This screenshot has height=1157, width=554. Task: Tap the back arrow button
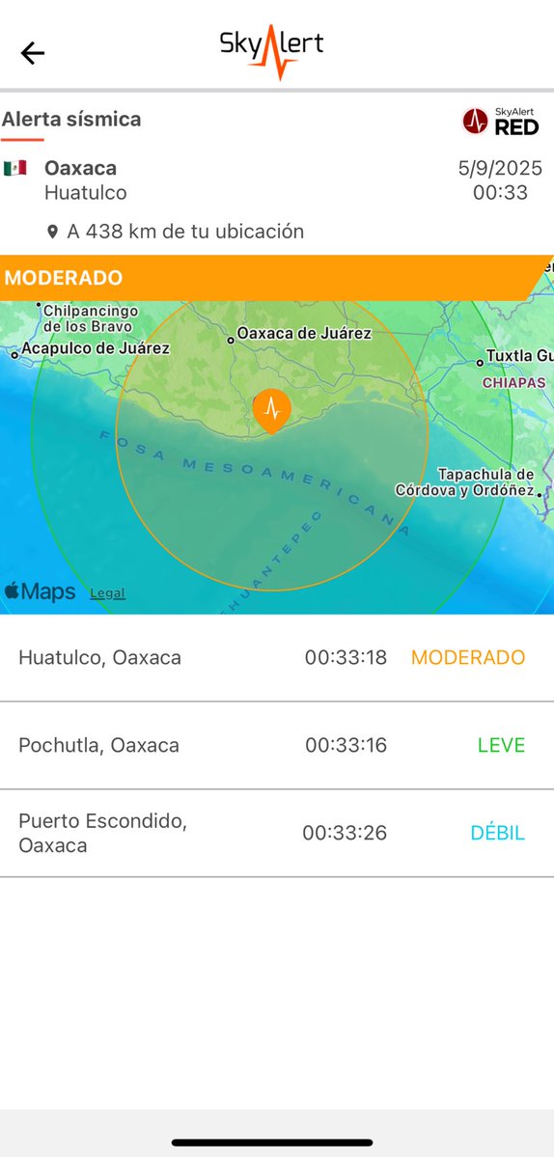(x=33, y=53)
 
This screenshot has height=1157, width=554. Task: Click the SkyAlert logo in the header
(x=271, y=49)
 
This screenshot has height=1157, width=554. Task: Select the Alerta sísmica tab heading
(x=71, y=120)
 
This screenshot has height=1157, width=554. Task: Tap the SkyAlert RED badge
(x=500, y=121)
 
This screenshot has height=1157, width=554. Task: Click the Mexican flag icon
(x=14, y=168)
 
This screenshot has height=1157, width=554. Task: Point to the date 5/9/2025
(x=500, y=168)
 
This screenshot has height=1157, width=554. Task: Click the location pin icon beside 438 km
(x=52, y=232)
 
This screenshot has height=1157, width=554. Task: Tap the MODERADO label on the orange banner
(x=64, y=278)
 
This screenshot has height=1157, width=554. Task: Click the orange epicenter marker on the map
(x=271, y=409)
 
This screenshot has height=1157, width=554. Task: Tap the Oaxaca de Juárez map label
(x=304, y=334)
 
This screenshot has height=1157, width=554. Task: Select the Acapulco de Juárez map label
(x=95, y=348)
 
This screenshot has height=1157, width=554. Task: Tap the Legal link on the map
(x=107, y=593)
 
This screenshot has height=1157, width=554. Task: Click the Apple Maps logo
(x=40, y=592)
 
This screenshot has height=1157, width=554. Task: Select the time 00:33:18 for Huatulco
(x=346, y=658)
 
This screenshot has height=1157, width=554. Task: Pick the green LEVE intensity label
(x=501, y=745)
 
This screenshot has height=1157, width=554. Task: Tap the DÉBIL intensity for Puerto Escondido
(x=497, y=833)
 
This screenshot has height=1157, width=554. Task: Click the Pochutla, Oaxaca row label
(x=98, y=745)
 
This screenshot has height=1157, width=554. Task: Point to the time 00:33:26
(x=345, y=833)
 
